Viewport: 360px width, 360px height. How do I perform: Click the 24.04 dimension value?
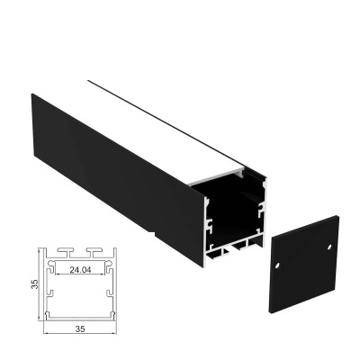[x=77, y=268]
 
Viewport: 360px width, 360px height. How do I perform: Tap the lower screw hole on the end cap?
[x=278, y=265]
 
